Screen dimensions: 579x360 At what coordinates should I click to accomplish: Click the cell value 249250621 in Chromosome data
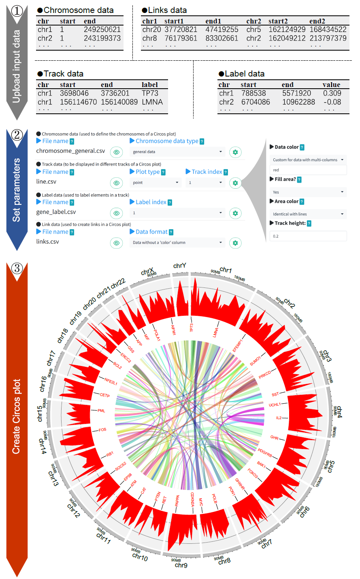102,30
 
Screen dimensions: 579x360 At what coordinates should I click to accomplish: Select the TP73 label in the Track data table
150,93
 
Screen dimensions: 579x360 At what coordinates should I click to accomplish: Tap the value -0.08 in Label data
332,102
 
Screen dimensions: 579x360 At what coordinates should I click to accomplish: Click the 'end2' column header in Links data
317,21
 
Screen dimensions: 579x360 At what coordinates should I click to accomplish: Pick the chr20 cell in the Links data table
151,30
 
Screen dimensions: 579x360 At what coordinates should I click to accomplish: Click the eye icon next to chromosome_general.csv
117,152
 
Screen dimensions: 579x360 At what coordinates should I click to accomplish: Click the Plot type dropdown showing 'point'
155,183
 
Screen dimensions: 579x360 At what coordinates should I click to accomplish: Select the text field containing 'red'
308,170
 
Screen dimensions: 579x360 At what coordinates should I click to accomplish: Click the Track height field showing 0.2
308,236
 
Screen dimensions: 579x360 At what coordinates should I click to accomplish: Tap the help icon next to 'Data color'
302,147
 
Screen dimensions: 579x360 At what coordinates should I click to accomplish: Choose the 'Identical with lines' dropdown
308,214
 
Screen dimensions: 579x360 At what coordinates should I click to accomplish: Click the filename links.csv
47,242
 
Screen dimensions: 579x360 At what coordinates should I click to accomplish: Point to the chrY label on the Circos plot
179,266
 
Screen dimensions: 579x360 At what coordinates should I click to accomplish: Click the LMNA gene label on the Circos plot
215,332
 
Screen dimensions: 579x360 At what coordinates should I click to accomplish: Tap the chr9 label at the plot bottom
181,565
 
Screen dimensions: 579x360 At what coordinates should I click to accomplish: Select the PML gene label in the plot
101,411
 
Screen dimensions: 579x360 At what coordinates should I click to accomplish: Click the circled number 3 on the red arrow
17,268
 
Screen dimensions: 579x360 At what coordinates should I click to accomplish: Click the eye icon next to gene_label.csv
117,213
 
